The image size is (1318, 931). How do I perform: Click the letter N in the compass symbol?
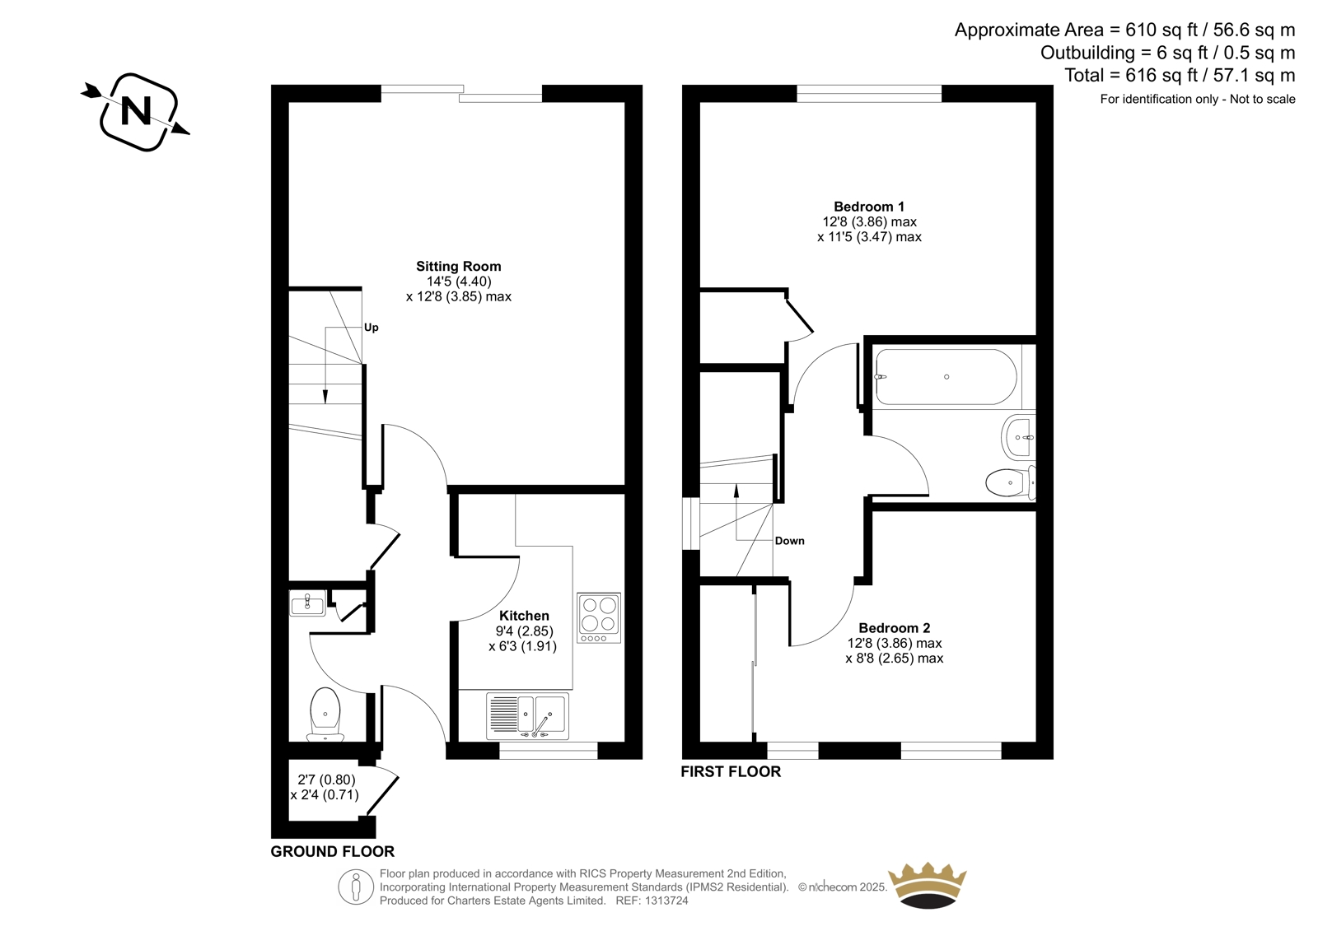(x=136, y=111)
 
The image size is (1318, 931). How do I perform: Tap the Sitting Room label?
(x=458, y=266)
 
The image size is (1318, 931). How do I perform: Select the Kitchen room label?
(x=524, y=616)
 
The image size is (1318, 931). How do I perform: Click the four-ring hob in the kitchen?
(x=598, y=618)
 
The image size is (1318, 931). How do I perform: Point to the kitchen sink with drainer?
(x=527, y=716)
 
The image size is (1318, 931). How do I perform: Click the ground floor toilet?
(x=325, y=715)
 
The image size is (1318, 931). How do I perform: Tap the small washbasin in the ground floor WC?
(x=307, y=603)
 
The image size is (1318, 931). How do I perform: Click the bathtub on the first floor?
(x=946, y=377)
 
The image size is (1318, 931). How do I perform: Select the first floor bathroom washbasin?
(x=1018, y=438)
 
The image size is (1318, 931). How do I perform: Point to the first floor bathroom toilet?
(x=1011, y=482)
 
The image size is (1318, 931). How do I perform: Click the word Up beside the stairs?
(x=372, y=328)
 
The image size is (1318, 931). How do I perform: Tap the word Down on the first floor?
(x=790, y=541)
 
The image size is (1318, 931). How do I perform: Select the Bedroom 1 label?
(x=869, y=207)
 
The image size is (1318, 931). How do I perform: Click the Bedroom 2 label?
(x=895, y=628)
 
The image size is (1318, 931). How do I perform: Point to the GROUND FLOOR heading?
(x=333, y=852)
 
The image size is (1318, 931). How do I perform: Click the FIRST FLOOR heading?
(x=731, y=771)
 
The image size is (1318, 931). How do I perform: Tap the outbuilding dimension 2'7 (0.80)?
(x=326, y=780)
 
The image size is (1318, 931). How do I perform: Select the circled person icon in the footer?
(x=356, y=887)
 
